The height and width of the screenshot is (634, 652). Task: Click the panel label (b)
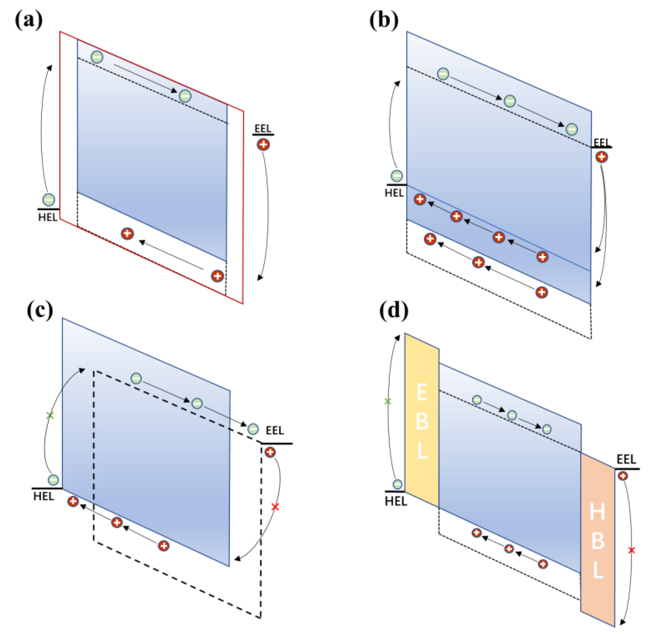[384, 21]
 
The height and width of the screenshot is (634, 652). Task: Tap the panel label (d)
[394, 311]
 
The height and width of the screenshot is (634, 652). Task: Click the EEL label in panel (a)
[263, 129]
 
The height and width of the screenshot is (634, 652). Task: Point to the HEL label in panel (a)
[48, 217]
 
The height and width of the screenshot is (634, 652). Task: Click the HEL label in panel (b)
[394, 193]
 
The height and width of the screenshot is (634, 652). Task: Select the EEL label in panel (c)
[275, 431]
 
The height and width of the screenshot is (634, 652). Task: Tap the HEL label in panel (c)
[44, 496]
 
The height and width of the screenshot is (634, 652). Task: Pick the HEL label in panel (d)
[396, 501]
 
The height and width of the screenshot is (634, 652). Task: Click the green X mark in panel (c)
[50, 415]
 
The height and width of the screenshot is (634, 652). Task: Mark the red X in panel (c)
[275, 507]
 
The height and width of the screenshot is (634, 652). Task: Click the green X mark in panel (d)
[388, 401]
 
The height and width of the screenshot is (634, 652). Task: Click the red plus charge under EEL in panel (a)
[263, 144]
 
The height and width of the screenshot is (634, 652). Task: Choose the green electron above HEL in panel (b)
[397, 176]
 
